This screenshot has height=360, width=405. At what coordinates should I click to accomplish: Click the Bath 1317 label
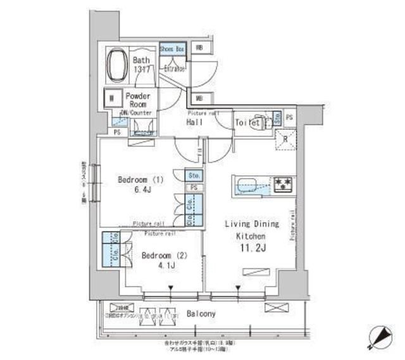[x=141, y=65]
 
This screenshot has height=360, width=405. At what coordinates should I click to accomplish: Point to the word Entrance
[x=174, y=68]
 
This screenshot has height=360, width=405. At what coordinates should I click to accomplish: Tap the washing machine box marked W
[x=112, y=98]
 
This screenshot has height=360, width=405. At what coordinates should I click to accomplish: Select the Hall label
[x=194, y=122]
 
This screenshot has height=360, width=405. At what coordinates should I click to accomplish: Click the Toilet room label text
[x=247, y=123]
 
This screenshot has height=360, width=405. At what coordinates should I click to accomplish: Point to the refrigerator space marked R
[x=285, y=139]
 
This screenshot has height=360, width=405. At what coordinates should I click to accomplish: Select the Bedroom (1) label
[x=140, y=180]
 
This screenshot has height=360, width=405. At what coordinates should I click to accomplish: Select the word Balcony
[x=201, y=313]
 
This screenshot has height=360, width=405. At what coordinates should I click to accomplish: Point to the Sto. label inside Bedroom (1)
[x=193, y=175]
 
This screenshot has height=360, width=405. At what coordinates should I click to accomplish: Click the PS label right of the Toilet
[x=289, y=118]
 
